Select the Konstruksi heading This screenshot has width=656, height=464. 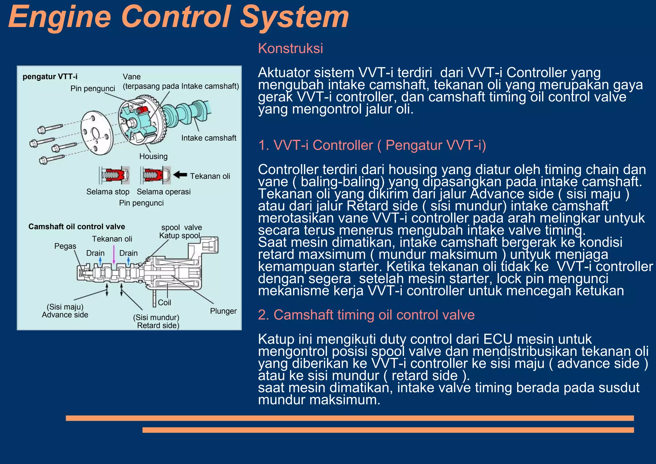[290, 48]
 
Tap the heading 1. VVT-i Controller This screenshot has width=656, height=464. [372, 145]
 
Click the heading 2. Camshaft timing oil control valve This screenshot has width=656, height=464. [366, 315]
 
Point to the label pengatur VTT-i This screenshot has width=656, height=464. [50, 77]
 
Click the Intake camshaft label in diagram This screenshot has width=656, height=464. [209, 138]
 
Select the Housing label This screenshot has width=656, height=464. [153, 156]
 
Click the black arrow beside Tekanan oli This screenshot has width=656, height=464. [180, 175]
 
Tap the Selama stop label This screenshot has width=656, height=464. [108, 192]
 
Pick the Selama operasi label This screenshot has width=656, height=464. [163, 192]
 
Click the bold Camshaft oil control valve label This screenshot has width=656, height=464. [77, 226]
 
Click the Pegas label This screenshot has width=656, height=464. [65, 246]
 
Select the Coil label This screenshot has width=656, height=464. [164, 302]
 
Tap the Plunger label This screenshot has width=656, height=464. [223, 311]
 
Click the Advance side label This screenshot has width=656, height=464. [65, 315]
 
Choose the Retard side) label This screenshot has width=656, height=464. [158, 325]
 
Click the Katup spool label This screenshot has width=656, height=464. [179, 236]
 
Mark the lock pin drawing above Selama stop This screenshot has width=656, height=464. [114, 175]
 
